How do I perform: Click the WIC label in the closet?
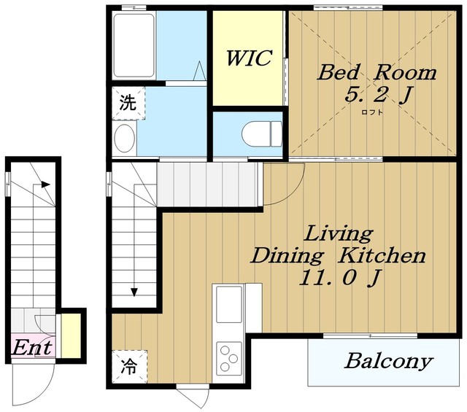pos(249,58)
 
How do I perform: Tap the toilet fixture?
pos(262,133)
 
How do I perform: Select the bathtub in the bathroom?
pos(134,45)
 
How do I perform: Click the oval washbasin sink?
pos(125,138)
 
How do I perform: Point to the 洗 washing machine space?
pos(128,103)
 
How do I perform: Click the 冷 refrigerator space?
pos(129,367)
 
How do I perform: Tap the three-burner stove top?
pos(228,359)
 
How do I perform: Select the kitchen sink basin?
pos(228,304)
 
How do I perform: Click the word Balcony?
pos(388,361)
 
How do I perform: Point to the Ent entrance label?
pos(32,347)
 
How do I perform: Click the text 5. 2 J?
pos(378,95)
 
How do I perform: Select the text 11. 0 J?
pos(339,278)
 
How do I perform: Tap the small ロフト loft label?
pos(371,112)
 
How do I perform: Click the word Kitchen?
pos(382,256)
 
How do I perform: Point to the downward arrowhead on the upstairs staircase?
pos(134,292)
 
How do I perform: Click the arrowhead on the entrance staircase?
pos(45,184)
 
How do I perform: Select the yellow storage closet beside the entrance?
pos(71,335)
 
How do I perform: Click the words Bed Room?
pos(377,72)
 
